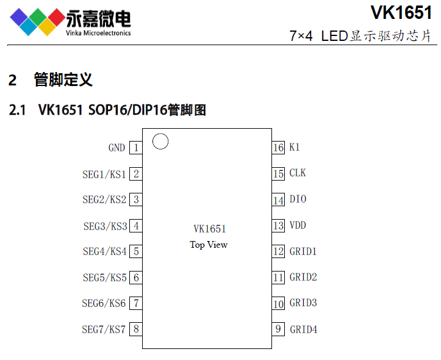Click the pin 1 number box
[x=136, y=148]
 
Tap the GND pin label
[x=117, y=148]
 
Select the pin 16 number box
[x=279, y=148]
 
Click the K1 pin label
[x=295, y=148]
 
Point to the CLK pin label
[x=298, y=173]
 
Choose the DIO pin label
[x=298, y=200]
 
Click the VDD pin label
[x=298, y=226]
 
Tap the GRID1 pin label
[x=303, y=251]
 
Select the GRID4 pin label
[x=303, y=329]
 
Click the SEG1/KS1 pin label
[x=104, y=174]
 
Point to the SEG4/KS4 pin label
[x=104, y=251]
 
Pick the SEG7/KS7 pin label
[x=104, y=329]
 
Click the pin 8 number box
[x=136, y=329]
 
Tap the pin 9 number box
[x=279, y=329]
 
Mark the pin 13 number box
[x=279, y=226]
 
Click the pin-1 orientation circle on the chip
[x=160, y=142]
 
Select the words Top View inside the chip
[x=209, y=245]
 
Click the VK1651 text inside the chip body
[x=209, y=229]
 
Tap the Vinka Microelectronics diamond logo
[x=37, y=22]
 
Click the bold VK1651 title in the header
[x=400, y=13]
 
